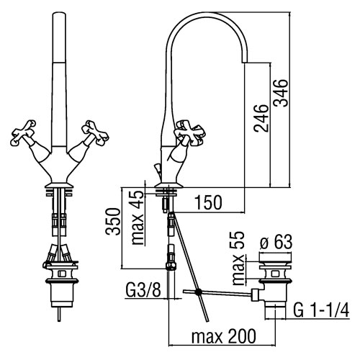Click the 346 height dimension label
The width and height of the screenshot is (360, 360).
click(x=281, y=93)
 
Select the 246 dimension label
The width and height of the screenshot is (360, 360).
click(x=261, y=118)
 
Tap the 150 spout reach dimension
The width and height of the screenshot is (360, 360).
click(x=208, y=202)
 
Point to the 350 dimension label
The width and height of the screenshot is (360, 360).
click(x=112, y=222)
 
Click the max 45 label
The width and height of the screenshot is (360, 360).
click(x=138, y=217)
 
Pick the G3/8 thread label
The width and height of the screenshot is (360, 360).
click(x=143, y=290)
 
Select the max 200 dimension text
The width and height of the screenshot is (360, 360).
click(x=224, y=336)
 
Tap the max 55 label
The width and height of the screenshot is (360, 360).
click(x=238, y=258)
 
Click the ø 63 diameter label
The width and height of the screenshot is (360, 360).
click(x=276, y=241)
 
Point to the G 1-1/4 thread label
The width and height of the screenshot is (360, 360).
click(x=321, y=310)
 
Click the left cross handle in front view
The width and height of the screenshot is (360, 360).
click(x=23, y=132)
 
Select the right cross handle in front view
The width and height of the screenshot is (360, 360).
click(x=95, y=132)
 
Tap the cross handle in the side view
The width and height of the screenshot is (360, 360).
click(x=189, y=133)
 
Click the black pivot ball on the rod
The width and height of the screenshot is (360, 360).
click(x=199, y=292)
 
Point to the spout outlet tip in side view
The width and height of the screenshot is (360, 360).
click(x=243, y=63)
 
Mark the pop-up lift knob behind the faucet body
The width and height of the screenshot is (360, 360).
click(x=158, y=167)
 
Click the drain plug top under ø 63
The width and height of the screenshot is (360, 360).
click(x=276, y=258)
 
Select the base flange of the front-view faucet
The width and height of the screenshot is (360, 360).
click(x=59, y=185)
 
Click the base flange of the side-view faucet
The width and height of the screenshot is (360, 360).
click(x=167, y=185)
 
